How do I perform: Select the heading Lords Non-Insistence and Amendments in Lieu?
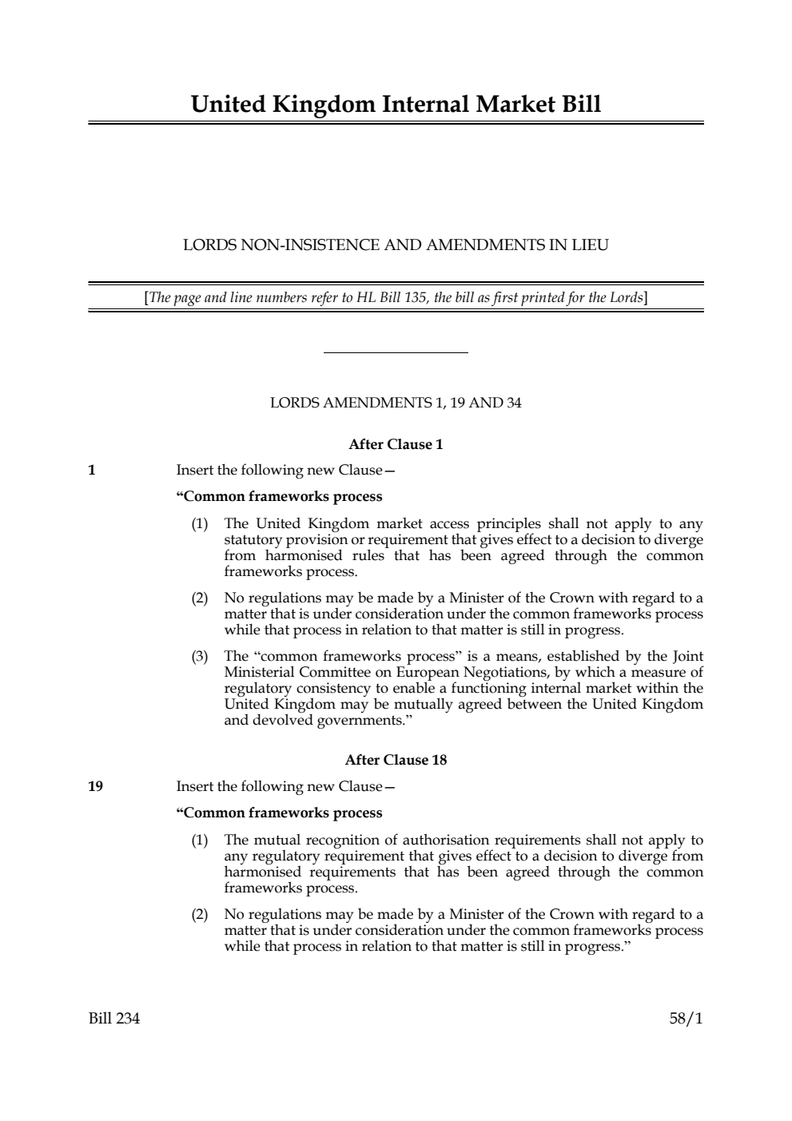[x=396, y=245]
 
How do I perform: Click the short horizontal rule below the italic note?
[x=396, y=352]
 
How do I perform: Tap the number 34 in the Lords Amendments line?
[x=513, y=403]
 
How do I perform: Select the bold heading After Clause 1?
[x=396, y=444]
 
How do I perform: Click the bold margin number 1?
[x=92, y=470]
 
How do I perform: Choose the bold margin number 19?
[x=95, y=786]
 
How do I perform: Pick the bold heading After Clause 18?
[x=396, y=760]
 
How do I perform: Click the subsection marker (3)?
[x=199, y=657]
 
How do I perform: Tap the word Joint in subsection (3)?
[x=687, y=657]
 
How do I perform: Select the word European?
[x=420, y=673]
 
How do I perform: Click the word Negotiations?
[x=501, y=673]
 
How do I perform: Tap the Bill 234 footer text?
[x=114, y=1019]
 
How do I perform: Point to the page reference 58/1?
[x=687, y=1019]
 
